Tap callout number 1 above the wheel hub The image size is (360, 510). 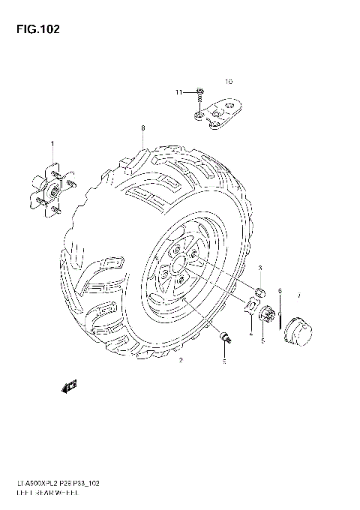52,143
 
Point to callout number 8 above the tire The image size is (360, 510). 142,128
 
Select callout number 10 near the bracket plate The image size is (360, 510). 229,81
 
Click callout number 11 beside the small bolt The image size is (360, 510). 179,92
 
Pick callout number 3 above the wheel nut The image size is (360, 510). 260,268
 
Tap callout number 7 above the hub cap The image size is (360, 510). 298,295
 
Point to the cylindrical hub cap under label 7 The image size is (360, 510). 298,328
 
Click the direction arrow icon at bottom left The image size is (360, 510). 70,385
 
